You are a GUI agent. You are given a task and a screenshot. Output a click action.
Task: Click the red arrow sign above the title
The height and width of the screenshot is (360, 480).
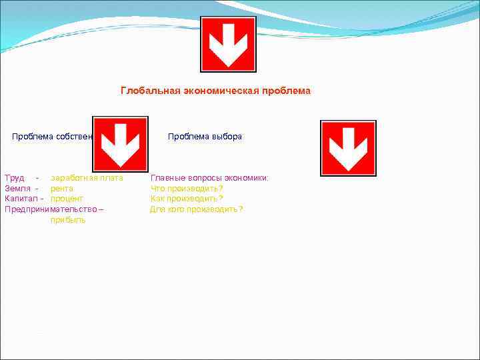(x=229, y=44)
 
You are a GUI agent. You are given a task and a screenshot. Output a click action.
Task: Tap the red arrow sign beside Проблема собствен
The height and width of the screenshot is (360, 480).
(x=120, y=144)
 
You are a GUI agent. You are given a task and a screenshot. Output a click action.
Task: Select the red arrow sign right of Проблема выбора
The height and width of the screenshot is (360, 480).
(x=348, y=148)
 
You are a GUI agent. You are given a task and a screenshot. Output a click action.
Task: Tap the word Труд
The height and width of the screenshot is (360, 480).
(x=14, y=178)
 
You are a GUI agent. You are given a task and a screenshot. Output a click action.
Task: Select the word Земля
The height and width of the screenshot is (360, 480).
(x=17, y=189)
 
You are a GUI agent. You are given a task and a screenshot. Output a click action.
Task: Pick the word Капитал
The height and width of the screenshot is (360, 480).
(x=21, y=199)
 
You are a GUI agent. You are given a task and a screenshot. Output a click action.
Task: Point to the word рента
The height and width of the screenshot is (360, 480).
(x=62, y=189)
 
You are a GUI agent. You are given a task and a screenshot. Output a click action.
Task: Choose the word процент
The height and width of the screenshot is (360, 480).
(x=67, y=199)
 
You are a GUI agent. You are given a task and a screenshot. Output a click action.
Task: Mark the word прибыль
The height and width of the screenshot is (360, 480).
(x=68, y=220)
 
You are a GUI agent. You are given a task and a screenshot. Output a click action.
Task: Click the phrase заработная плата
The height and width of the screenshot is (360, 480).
(x=87, y=178)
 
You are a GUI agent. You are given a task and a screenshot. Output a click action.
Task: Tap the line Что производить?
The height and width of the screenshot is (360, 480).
(x=187, y=189)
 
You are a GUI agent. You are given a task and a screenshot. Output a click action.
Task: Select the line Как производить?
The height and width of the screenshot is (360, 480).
(x=187, y=199)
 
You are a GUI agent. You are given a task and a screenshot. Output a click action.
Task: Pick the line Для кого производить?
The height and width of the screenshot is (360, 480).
(x=197, y=209)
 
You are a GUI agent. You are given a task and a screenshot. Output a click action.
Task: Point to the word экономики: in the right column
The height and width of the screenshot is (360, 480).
(x=246, y=178)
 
